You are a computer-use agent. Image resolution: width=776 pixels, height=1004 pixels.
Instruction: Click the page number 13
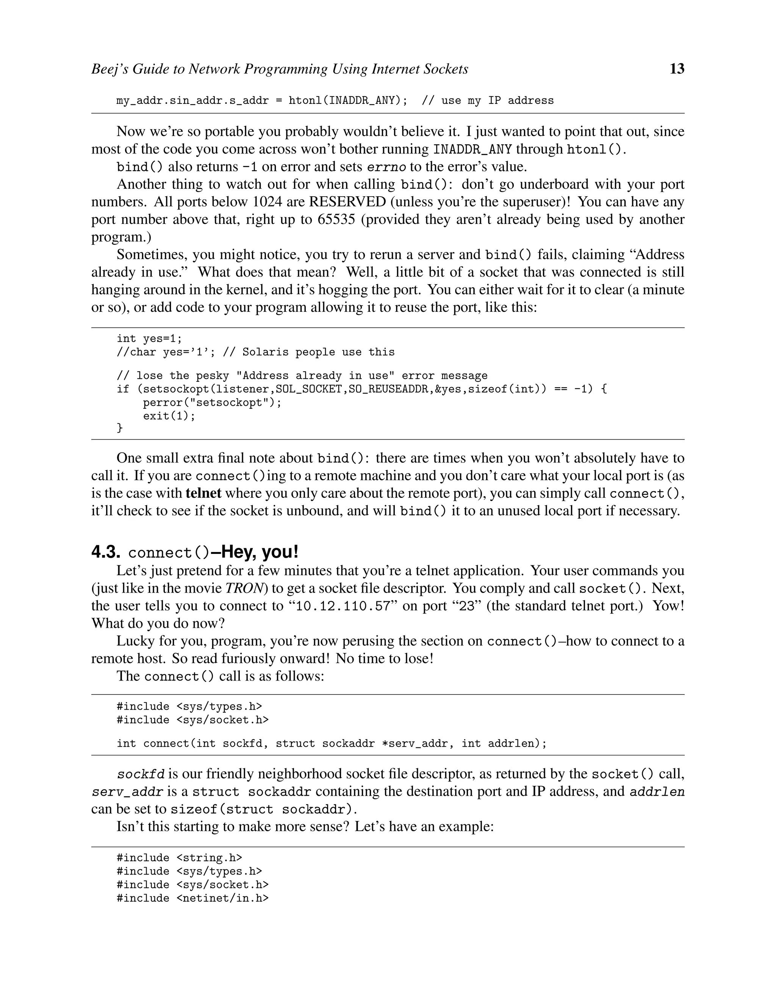(x=677, y=69)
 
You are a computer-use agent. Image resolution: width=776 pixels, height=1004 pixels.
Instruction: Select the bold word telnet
(x=203, y=493)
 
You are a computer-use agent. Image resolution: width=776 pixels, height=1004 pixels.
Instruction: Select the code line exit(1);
(x=169, y=416)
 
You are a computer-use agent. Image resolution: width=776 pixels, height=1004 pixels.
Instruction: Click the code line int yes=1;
(x=149, y=339)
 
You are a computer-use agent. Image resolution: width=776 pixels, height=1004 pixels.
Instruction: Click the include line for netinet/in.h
(x=192, y=898)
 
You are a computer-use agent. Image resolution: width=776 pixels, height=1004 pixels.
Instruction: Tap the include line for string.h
(x=179, y=858)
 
